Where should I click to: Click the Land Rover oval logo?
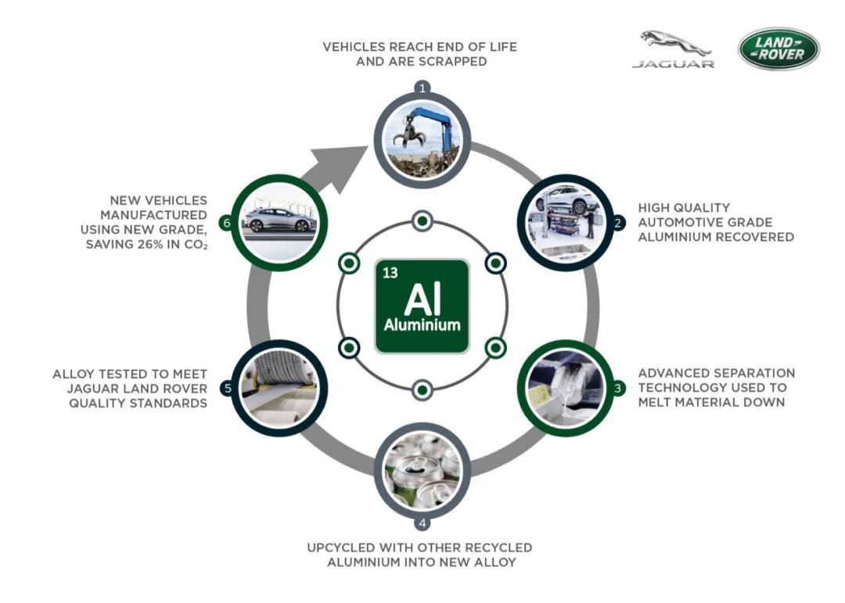(x=778, y=48)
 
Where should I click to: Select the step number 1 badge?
(x=422, y=88)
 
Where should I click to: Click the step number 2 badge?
(x=617, y=223)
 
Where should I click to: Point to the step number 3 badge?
(x=617, y=388)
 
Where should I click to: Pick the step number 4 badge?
(x=422, y=522)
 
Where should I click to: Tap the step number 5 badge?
(x=228, y=388)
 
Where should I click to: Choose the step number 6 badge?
(x=227, y=223)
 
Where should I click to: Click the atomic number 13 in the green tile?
(x=390, y=273)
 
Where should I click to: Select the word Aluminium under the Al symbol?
(x=422, y=325)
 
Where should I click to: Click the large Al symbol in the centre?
(x=422, y=298)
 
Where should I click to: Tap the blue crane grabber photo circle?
(x=422, y=141)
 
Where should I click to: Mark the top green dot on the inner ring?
(x=422, y=221)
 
